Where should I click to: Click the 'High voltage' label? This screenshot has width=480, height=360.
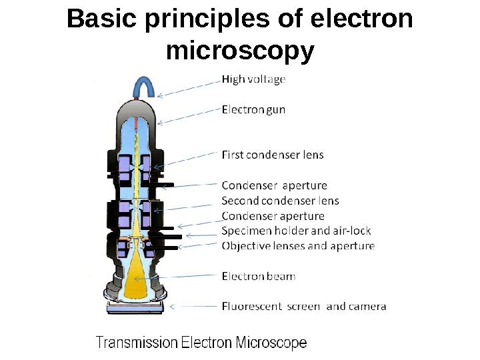pos(253,79)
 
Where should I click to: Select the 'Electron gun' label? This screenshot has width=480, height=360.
pos(253,110)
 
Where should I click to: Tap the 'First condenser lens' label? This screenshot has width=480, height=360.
pos(272,155)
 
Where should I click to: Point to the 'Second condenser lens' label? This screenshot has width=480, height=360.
pos(280,201)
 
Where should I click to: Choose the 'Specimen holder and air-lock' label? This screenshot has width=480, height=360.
pos(296,231)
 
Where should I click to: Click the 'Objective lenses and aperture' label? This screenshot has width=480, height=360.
pos(298,246)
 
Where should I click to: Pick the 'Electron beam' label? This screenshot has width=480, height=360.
pos(258,276)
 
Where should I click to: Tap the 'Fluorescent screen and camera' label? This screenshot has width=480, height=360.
pos(303,307)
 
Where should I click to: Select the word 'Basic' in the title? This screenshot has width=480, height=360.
pos(101,19)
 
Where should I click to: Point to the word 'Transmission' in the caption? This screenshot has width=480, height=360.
pos(137,343)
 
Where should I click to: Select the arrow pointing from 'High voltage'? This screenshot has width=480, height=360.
pos(188,89)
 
